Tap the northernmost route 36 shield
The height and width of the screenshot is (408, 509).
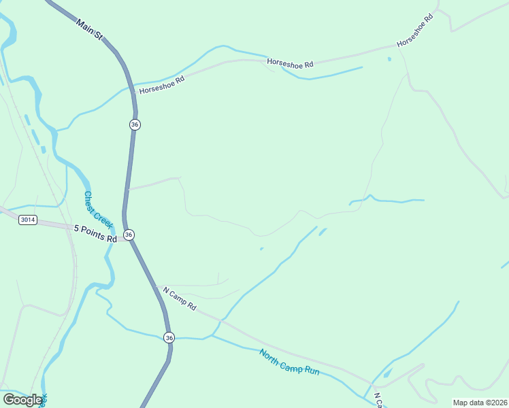[x=135, y=124]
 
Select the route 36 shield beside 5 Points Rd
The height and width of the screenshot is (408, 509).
[x=129, y=235]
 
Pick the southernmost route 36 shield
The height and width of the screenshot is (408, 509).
[x=169, y=337]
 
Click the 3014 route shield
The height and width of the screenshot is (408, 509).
[x=28, y=220]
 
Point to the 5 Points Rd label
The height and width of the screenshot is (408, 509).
[x=96, y=234]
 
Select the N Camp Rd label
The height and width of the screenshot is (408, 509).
[x=179, y=299]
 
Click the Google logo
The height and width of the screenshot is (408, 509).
[x=23, y=399]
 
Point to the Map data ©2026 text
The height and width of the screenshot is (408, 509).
[x=479, y=403]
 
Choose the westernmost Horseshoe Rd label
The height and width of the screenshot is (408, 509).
[x=162, y=85]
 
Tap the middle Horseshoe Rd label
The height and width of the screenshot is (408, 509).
[x=290, y=63]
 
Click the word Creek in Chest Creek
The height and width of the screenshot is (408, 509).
[x=102, y=218]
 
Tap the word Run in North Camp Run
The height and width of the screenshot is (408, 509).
[x=310, y=371]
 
